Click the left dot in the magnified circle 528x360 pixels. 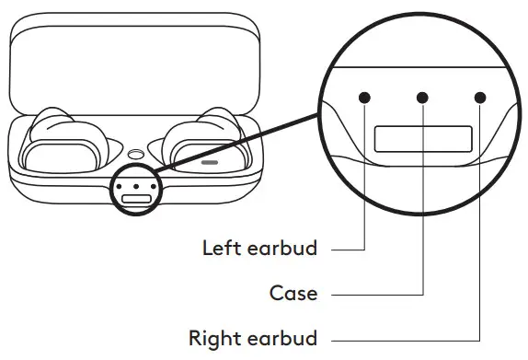(366, 97)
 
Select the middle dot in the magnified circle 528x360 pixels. (423, 97)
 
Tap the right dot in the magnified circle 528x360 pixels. (480, 97)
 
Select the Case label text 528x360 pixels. (293, 294)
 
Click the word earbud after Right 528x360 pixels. (283, 338)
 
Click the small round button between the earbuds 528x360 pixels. (135, 156)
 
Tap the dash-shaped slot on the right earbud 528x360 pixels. (210, 162)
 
